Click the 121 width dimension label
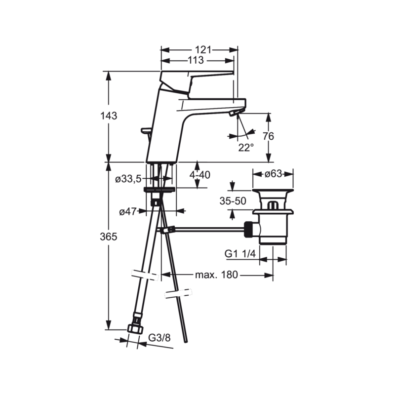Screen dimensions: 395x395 203,50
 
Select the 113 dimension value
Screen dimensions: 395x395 196,60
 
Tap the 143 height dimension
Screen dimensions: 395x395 109,116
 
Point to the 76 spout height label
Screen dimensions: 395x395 268,136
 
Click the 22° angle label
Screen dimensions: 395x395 246,148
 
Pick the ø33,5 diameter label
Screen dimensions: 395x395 128,179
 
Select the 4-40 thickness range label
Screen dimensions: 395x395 200,175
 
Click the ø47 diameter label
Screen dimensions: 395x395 128,212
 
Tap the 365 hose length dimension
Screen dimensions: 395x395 109,237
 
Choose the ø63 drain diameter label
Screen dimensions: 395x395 273,174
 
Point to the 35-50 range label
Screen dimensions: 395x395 233,201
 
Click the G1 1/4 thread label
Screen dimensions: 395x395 240,254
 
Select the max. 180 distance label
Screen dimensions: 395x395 217,275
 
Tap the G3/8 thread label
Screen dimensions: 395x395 159,338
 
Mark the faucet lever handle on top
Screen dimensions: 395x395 197,80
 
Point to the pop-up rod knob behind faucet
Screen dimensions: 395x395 146,131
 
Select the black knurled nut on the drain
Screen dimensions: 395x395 249,229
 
